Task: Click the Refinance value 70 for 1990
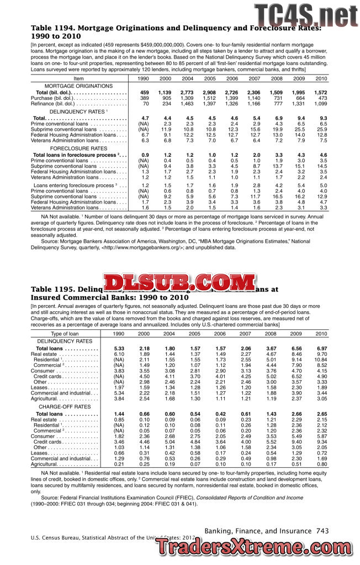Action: point(145,103)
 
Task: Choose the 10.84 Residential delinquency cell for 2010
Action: point(321,359)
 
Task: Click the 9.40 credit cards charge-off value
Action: point(297,442)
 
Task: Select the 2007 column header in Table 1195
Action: point(246,334)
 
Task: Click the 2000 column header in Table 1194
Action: point(165,79)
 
